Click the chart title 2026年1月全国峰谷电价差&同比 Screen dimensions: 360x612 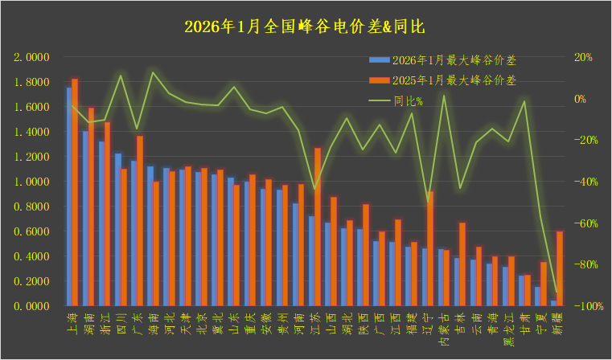click(305, 27)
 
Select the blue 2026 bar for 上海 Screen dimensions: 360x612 click(69, 197)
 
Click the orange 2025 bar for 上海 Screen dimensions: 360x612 click(75, 193)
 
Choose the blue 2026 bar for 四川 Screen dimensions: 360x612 click(117, 230)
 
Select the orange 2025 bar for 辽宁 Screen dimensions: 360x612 click(430, 249)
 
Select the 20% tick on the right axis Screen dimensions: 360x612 click(581, 58)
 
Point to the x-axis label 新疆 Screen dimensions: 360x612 click(557, 322)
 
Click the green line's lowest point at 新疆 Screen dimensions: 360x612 click(557, 292)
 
